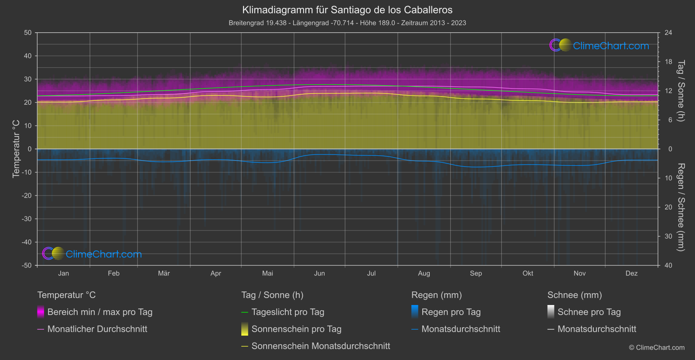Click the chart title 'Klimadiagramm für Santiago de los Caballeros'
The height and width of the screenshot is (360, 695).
tap(347, 10)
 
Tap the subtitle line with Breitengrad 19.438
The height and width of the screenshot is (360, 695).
tap(347, 23)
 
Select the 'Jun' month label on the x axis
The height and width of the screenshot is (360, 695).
tap(319, 273)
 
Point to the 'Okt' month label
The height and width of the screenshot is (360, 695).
tap(528, 273)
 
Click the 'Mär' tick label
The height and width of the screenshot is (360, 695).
tap(164, 273)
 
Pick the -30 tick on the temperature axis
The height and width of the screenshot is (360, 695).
tap(27, 219)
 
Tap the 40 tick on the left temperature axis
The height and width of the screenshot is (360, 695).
tap(28, 56)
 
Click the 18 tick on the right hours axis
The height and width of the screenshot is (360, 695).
tap(668, 62)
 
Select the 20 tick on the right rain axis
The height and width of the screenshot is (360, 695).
tap(668, 207)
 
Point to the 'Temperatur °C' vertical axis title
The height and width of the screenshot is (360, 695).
tap(16, 149)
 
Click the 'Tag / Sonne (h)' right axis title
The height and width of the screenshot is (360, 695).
tap(681, 91)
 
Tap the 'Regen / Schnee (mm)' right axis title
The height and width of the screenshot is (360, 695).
tap(681, 207)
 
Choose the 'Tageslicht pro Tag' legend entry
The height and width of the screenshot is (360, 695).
tap(288, 312)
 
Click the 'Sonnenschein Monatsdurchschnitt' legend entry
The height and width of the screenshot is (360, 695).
tap(321, 346)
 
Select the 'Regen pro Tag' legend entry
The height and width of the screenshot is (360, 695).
tap(451, 312)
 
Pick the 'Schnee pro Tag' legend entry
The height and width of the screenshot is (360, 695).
tap(589, 312)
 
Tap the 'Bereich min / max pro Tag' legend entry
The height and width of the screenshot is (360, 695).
tap(99, 312)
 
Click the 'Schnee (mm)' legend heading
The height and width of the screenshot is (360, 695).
tap(575, 295)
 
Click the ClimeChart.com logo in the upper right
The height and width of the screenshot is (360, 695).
tap(599, 45)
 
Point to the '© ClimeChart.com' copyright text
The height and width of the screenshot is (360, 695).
tap(657, 347)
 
